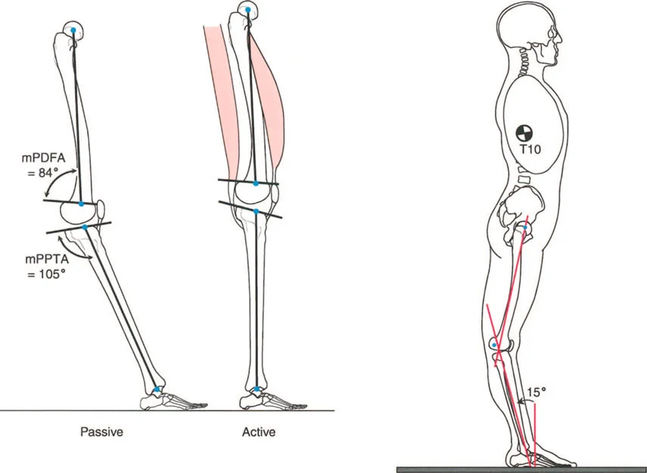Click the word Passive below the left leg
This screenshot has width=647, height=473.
click(102, 433)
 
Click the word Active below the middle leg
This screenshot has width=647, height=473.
click(260, 433)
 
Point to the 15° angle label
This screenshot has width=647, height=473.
click(536, 391)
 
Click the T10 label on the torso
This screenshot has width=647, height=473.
click(530, 150)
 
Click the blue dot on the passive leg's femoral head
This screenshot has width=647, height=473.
click(73, 30)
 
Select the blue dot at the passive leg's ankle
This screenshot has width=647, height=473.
click(157, 390)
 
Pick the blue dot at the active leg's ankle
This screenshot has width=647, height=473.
click(257, 390)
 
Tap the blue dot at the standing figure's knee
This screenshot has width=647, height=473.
click(495, 345)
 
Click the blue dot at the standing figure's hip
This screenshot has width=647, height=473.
click(525, 227)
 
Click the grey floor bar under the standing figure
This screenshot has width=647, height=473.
click(522, 469)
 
